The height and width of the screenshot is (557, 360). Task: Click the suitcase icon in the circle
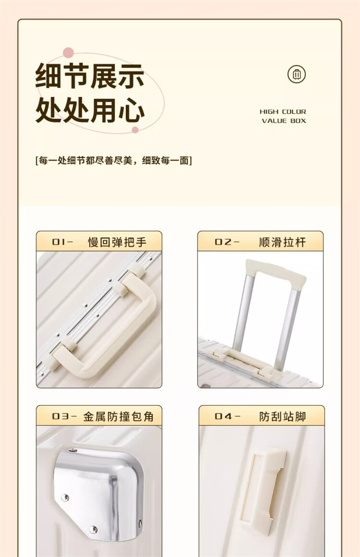[x=296, y=74]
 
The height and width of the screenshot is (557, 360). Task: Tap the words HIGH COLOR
[x=283, y=111]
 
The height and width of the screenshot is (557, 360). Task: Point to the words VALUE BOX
[x=284, y=121]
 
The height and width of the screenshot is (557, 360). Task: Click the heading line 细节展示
[x=90, y=76]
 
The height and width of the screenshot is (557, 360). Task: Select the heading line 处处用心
[x=90, y=110]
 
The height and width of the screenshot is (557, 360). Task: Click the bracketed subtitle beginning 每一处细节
[x=113, y=161]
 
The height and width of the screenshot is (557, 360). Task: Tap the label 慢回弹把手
[x=117, y=242]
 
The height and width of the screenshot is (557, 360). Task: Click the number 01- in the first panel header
[x=62, y=242]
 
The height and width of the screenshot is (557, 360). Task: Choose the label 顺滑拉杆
[x=282, y=242]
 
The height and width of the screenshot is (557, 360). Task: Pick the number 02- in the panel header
[x=227, y=242]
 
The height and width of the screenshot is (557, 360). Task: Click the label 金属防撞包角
[x=119, y=416]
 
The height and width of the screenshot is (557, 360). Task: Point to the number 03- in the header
[x=64, y=416]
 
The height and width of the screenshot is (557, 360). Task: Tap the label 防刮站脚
[x=283, y=416]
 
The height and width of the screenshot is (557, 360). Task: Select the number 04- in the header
[x=228, y=416]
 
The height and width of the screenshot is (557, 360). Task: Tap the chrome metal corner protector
[x=99, y=493]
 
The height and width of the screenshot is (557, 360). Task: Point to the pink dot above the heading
[x=68, y=53]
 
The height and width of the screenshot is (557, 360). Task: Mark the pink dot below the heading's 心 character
[x=135, y=130]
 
